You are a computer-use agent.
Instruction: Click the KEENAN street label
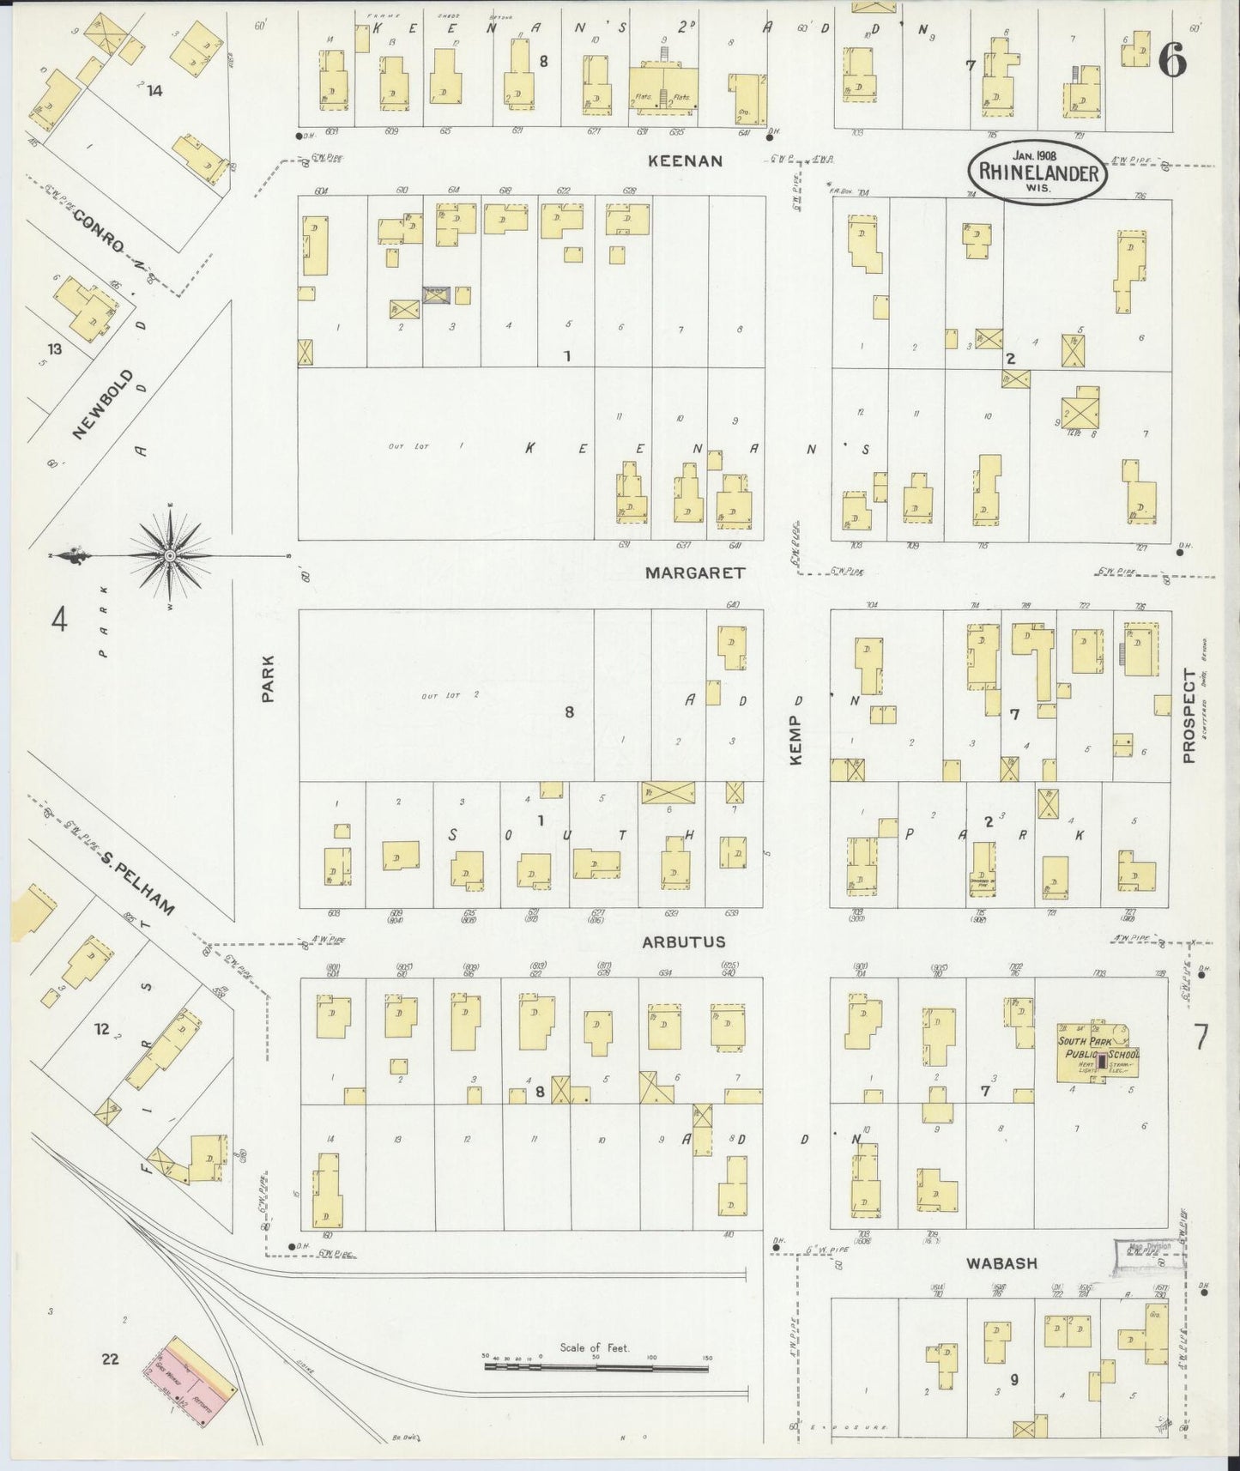[685, 160]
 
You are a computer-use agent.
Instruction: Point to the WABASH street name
[1001, 1263]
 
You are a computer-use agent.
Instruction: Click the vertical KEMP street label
[795, 729]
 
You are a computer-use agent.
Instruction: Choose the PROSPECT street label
[1189, 716]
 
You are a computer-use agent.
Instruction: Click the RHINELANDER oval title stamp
[1038, 172]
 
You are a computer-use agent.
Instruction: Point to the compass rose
[170, 556]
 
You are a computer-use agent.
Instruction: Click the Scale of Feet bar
[598, 1364]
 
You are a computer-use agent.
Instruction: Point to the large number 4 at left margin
[57, 618]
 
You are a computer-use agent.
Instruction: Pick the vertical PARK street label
[268, 680]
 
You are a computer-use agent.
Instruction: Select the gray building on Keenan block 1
[436, 295]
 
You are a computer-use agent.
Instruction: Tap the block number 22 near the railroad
[109, 1359]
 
